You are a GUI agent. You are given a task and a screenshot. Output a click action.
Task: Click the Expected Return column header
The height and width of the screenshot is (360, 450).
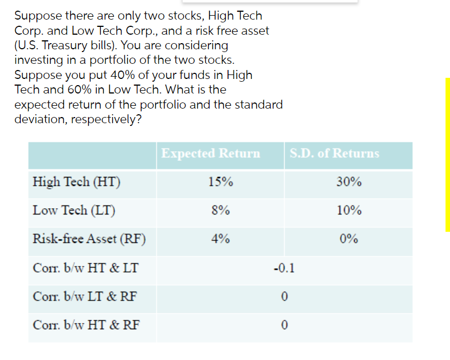(210, 153)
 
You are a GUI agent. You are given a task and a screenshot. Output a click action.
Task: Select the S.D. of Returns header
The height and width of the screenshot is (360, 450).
(335, 153)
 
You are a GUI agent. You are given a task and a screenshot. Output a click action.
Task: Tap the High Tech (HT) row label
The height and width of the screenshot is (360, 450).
(76, 182)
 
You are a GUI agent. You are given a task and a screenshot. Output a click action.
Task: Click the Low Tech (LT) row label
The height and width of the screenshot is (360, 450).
(74, 211)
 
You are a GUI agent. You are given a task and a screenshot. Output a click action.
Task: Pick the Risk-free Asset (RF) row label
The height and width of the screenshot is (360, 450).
(89, 239)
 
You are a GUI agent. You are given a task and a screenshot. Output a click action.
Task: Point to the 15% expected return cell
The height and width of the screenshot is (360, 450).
(220, 182)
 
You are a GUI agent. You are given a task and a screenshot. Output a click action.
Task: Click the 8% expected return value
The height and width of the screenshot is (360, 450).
(220, 211)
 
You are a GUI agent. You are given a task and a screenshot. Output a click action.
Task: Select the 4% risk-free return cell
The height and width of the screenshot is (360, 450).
(220, 239)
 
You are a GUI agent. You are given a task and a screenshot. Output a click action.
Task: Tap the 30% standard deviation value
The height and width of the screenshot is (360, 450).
(349, 182)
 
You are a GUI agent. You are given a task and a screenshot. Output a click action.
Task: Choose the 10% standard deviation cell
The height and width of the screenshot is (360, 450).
(349, 211)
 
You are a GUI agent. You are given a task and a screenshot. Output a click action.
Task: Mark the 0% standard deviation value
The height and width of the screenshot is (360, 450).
(349, 239)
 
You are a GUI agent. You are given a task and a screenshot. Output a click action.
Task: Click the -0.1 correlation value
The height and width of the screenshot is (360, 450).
(284, 268)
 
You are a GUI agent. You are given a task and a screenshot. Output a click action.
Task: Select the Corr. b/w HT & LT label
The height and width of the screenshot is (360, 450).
(85, 268)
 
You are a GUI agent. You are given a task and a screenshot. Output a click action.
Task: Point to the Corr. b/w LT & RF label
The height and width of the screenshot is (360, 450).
(85, 296)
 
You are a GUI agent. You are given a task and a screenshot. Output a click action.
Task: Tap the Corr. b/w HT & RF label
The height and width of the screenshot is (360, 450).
(86, 324)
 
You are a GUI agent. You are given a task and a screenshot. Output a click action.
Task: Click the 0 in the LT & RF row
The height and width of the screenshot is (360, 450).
(285, 296)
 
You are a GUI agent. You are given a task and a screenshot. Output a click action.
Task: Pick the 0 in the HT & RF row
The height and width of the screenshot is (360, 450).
(285, 324)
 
